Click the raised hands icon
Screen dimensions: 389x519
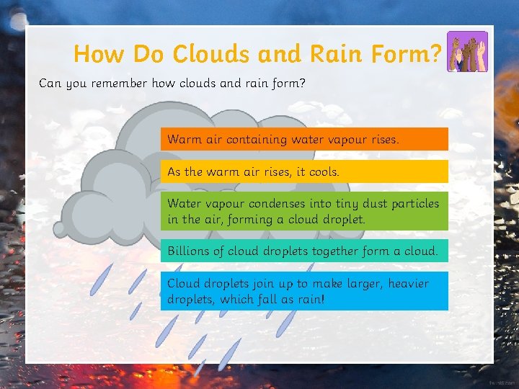(467, 52)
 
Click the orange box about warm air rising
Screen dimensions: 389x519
(303, 139)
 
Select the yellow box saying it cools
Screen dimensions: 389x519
(303, 171)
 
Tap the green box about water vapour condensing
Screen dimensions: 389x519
(303, 211)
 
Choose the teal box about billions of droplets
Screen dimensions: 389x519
(303, 251)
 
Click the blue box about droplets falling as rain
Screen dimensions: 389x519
(303, 291)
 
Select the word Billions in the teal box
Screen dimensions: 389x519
(188, 251)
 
